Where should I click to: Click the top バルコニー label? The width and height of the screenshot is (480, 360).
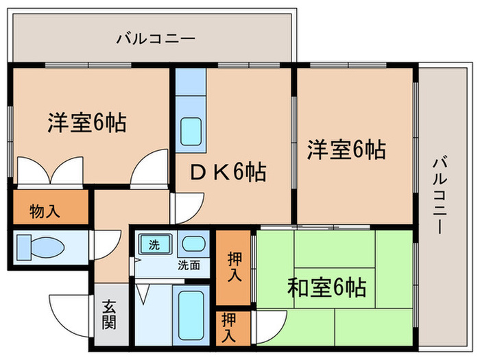coord(156,38)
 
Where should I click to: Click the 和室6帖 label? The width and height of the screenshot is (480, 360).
coord(327,285)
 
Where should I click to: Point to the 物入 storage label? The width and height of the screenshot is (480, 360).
coord(45,211)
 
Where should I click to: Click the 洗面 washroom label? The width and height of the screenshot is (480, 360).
coord(189,265)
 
